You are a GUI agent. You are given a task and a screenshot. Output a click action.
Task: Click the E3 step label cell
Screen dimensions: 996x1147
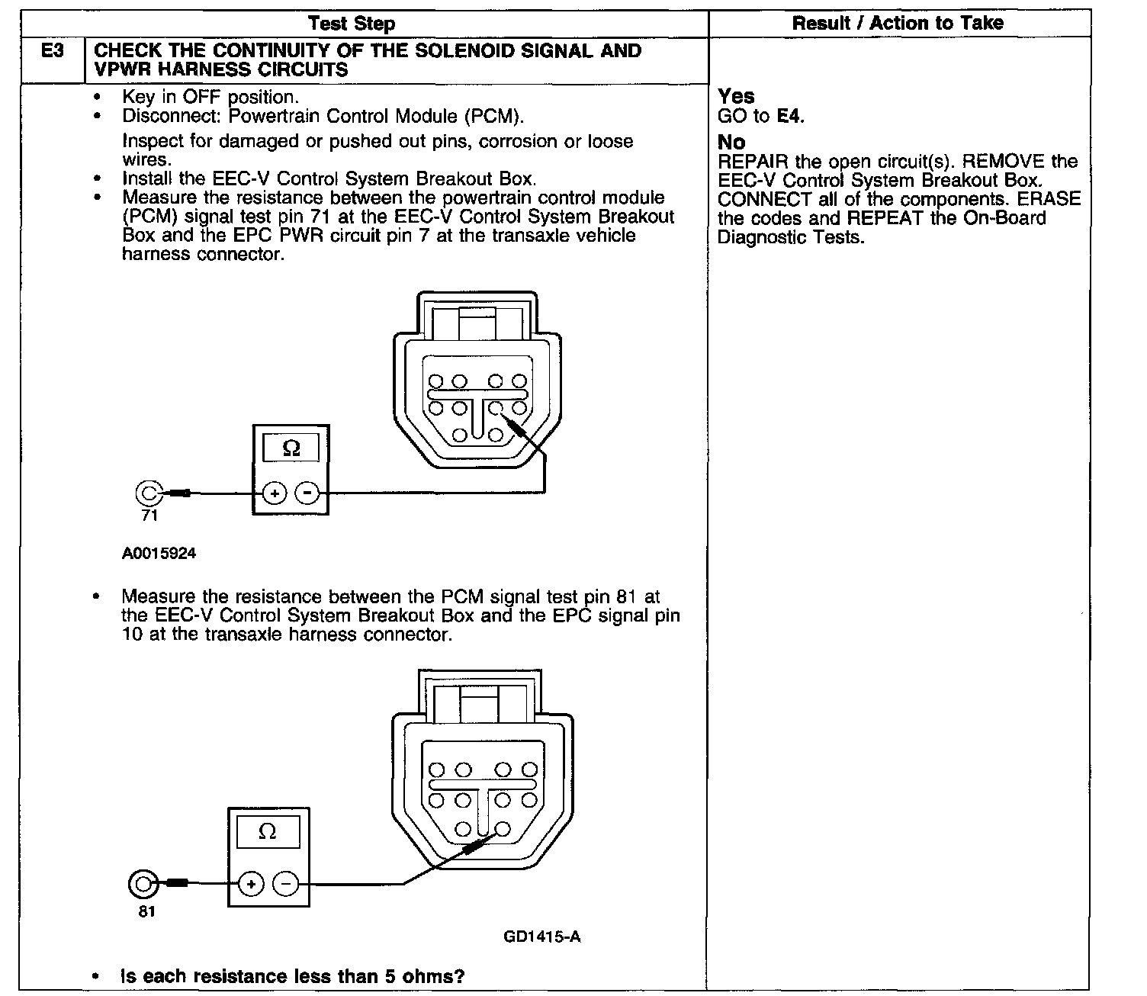(x=52, y=52)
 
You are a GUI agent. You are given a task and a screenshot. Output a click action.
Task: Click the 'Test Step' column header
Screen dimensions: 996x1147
(x=352, y=24)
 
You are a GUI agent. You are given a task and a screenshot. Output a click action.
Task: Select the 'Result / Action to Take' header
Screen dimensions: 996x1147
(x=898, y=23)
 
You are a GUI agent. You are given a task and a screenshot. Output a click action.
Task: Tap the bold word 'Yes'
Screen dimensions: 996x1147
(x=736, y=97)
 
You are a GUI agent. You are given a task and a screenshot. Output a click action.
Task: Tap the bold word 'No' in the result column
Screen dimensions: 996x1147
(x=731, y=143)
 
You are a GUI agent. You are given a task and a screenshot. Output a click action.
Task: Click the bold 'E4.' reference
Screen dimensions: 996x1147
(x=791, y=117)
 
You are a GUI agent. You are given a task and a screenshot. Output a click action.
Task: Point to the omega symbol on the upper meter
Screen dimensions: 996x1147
(x=291, y=448)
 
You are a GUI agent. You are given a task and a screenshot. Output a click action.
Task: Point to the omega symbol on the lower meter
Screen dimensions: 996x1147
(x=268, y=832)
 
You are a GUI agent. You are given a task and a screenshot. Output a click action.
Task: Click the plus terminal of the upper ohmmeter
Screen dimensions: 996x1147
(x=275, y=494)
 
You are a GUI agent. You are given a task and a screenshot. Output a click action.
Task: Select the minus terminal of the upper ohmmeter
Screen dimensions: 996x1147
(x=307, y=494)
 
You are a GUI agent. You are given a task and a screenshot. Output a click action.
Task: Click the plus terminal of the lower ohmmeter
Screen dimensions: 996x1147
(x=252, y=884)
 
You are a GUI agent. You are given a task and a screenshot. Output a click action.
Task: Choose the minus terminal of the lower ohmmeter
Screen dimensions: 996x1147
(x=286, y=884)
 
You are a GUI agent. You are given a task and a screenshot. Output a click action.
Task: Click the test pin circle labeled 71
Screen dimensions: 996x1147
(x=148, y=493)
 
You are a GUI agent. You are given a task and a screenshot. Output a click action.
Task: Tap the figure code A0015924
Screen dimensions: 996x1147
(x=159, y=554)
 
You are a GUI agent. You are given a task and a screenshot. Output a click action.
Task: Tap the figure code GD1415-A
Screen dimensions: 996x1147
(x=541, y=937)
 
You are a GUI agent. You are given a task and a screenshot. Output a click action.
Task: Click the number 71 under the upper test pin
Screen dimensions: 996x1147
(x=149, y=516)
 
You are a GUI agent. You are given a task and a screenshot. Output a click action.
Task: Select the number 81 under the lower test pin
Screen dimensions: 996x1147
(x=146, y=911)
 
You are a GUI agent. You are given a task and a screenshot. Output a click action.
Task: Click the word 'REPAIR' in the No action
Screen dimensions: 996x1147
(x=753, y=162)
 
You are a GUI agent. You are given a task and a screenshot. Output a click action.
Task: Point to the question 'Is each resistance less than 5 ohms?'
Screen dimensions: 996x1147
(x=293, y=976)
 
